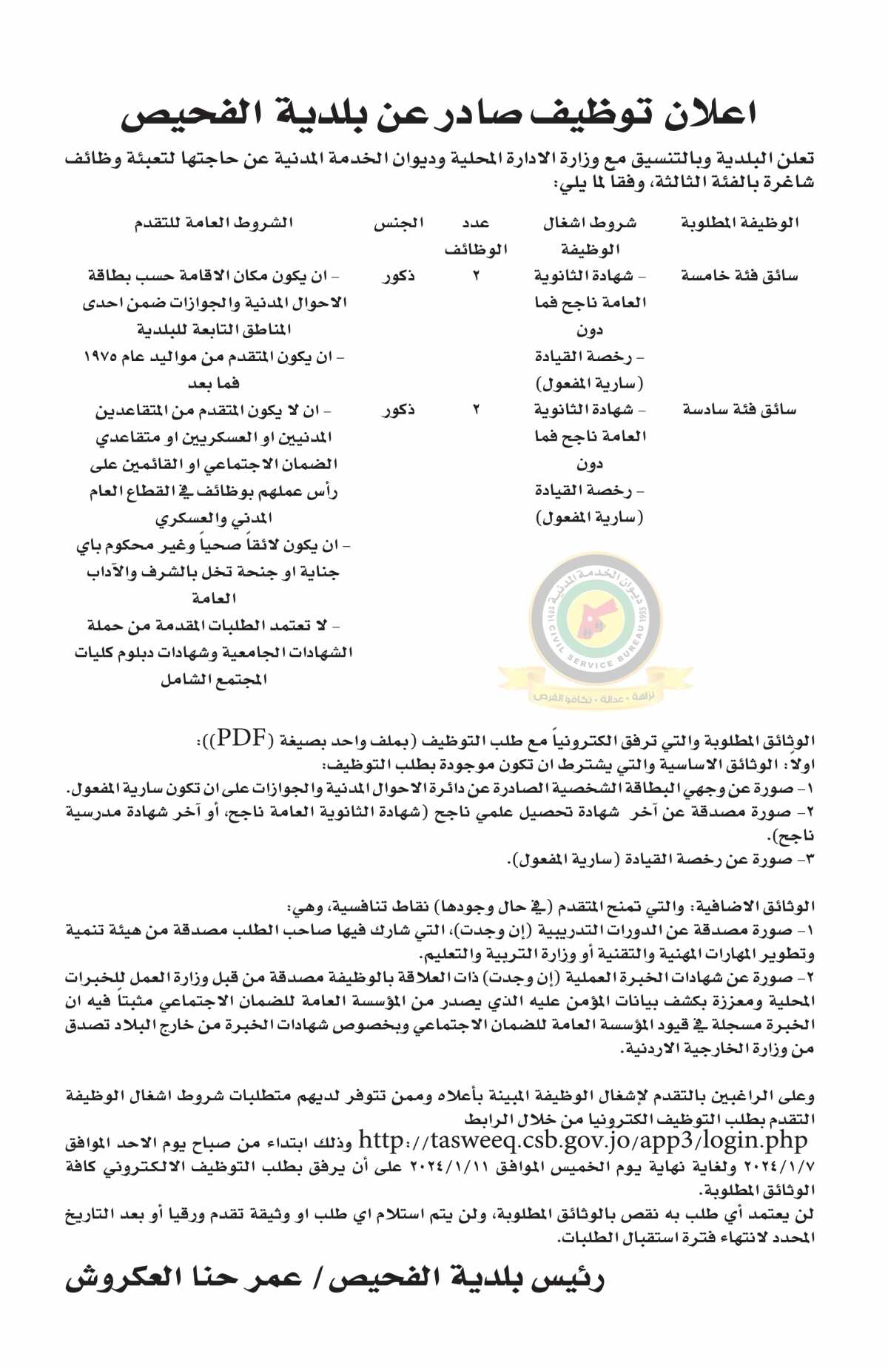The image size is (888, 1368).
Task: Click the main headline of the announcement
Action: (x=438, y=115)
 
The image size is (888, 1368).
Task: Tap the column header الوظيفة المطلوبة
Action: (x=739, y=223)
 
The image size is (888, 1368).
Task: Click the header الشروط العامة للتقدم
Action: (x=214, y=223)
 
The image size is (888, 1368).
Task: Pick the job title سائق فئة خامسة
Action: (x=739, y=276)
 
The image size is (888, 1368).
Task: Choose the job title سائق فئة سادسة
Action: (x=739, y=409)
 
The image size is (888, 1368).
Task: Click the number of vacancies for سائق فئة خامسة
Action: (x=476, y=276)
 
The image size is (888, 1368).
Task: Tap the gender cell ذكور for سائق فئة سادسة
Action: (x=398, y=409)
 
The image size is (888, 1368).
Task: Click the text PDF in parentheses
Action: (x=241, y=738)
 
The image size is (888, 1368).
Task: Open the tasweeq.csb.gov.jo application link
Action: (x=582, y=1140)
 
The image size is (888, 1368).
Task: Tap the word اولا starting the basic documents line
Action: (x=799, y=764)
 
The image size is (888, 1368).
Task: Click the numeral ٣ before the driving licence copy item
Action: (x=808, y=860)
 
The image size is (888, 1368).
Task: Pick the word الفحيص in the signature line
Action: (x=385, y=1278)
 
